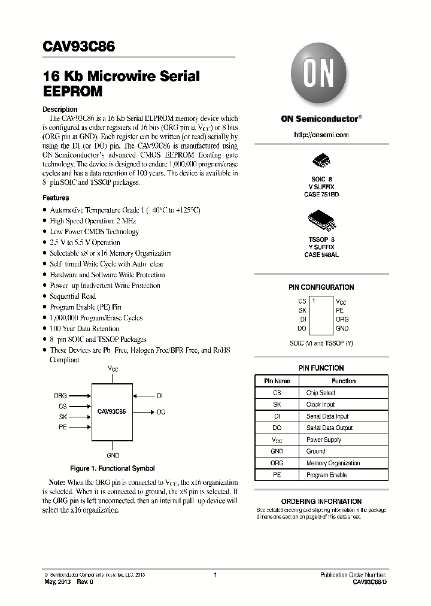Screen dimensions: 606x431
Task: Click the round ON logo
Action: point(321,75)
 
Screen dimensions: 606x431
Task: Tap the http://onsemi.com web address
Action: point(321,135)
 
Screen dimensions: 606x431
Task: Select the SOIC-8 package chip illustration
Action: point(321,162)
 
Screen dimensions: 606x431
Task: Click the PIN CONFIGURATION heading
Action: point(321,287)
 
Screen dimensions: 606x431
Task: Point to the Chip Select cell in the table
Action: point(321,393)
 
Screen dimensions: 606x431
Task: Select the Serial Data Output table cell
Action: point(329,428)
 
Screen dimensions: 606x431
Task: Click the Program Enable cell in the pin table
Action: point(326,475)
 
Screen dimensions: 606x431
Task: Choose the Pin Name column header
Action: point(277,381)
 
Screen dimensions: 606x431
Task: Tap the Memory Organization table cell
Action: point(333,463)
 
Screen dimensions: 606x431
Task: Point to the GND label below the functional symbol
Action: point(113,455)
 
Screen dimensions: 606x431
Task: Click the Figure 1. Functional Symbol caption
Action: point(112,468)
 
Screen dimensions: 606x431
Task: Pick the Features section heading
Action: point(56,198)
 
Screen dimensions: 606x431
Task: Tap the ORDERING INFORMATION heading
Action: point(321,501)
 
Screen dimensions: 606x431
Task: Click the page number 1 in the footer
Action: point(214,575)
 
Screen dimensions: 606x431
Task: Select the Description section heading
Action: point(60,109)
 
